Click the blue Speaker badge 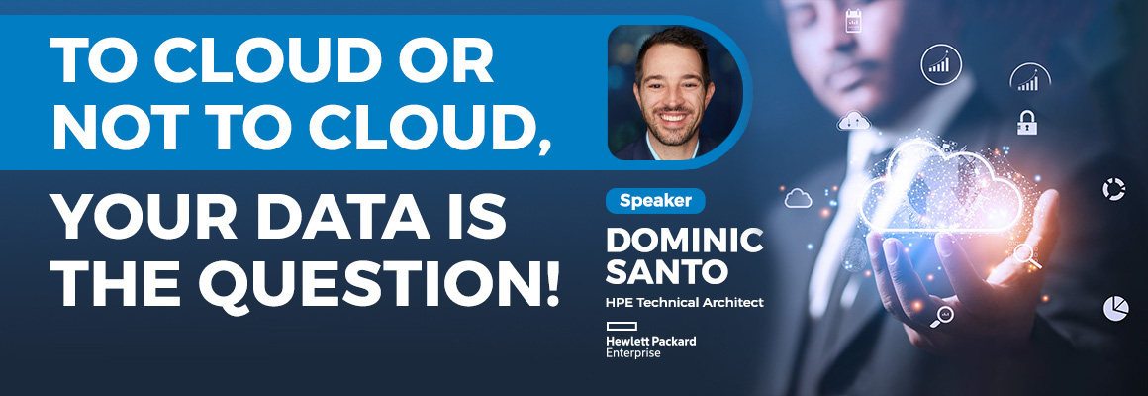(x=655, y=201)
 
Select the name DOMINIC (x=685, y=241)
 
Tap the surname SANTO (x=667, y=271)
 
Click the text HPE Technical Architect (x=685, y=302)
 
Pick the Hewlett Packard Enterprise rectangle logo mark (x=622, y=326)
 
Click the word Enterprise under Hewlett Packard (x=633, y=353)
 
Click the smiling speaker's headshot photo (x=675, y=92)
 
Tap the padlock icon (x=1027, y=122)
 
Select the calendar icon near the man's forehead (x=853, y=21)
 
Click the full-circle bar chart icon (x=941, y=64)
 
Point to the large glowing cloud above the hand (x=941, y=187)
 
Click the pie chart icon (x=1115, y=308)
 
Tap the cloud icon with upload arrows (x=853, y=121)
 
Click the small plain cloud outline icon (x=798, y=198)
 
